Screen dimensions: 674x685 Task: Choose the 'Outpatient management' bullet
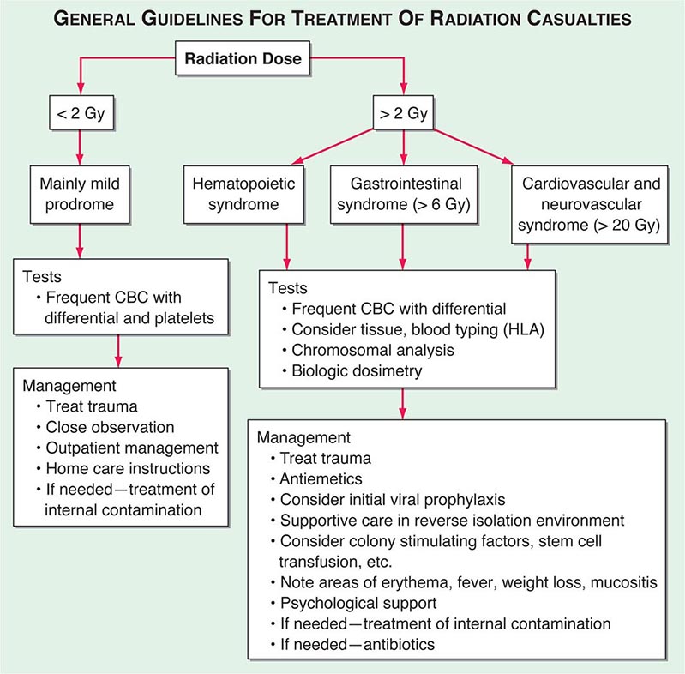tap(133, 448)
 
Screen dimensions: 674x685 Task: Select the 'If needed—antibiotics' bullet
tap(354, 642)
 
